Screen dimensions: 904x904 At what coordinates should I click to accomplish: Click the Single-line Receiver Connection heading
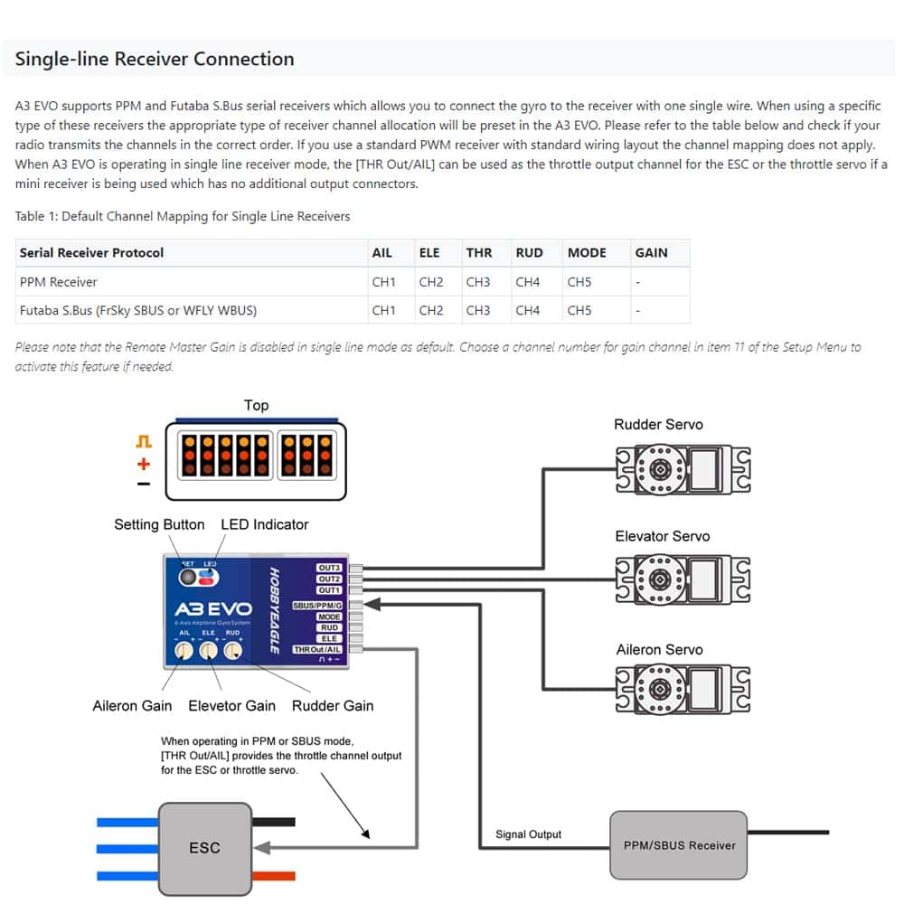coord(155,60)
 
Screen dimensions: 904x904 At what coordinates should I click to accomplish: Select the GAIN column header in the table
coord(651,253)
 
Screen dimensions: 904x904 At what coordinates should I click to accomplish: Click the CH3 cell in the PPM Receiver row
coord(478,282)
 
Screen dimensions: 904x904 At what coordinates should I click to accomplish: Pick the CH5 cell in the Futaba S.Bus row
coord(579,311)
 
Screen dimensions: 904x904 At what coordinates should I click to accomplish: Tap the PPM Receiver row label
coord(58,282)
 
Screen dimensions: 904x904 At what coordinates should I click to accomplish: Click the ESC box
coord(204,848)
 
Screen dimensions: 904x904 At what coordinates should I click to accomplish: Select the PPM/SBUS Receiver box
coord(679,845)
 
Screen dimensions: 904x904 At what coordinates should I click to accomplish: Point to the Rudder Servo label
coord(658,425)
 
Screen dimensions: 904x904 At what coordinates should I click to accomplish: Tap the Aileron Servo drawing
coord(683,690)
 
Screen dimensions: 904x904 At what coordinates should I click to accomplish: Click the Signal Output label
coord(528,834)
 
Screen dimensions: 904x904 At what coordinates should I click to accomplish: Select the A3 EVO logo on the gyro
coord(212,610)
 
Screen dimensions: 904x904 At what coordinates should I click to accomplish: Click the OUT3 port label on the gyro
coord(329,568)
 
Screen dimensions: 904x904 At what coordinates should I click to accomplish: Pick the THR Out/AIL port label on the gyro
coord(317,649)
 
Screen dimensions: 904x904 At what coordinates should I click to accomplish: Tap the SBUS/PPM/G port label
coord(317,604)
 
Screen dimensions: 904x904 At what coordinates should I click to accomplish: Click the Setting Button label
coord(159,525)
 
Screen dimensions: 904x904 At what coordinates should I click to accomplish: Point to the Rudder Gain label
coord(333,706)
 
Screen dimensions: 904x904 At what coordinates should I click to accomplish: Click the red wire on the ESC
coord(275,875)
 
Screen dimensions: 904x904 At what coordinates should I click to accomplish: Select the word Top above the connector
coord(256,406)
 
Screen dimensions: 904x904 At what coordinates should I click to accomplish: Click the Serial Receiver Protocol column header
coord(91,253)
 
